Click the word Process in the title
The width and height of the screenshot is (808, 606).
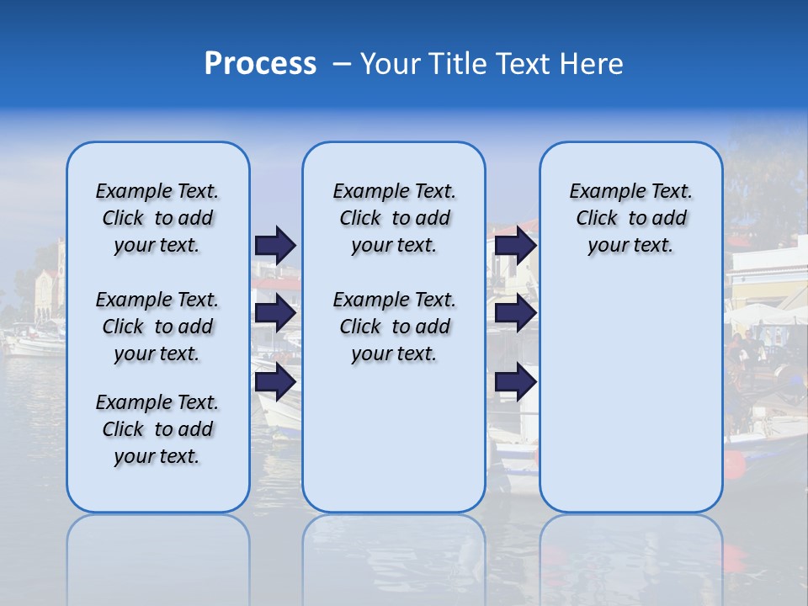coord(260,64)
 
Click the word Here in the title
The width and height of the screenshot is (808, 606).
coord(593,64)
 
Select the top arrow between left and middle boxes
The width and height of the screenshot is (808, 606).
coord(275,245)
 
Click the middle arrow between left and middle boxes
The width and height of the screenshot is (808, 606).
coord(275,314)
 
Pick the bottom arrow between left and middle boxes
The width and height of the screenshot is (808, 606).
coord(275,381)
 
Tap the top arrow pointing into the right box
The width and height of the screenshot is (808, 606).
coord(516,245)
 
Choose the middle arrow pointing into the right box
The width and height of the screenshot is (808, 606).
coord(516,314)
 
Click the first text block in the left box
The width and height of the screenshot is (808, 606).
coord(157,218)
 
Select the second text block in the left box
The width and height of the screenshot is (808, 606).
coord(157,327)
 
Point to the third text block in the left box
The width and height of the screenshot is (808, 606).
coord(157,429)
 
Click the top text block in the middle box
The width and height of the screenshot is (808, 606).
coord(395,218)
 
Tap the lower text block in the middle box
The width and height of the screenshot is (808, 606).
coord(395,327)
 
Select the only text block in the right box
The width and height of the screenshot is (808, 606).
coord(631,218)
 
